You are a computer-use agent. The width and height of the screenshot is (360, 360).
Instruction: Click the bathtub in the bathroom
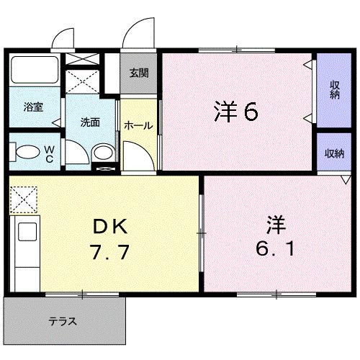coord(35,71)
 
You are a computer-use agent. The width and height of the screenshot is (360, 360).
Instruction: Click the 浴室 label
coord(33,107)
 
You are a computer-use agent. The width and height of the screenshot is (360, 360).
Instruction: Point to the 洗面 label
coord(89,122)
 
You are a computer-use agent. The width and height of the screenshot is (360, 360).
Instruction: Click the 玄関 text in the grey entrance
coord(139,73)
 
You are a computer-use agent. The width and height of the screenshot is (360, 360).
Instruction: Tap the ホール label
coord(138,125)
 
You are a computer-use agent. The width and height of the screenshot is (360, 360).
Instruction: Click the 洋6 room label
coord(235,112)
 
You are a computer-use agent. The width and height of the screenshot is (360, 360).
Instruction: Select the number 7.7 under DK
coord(110,253)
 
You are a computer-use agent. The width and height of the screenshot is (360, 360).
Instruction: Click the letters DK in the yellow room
coord(110,227)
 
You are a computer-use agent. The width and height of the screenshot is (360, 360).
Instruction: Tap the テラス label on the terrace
coord(63,321)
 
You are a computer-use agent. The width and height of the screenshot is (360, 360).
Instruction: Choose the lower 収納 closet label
coord(333,153)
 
